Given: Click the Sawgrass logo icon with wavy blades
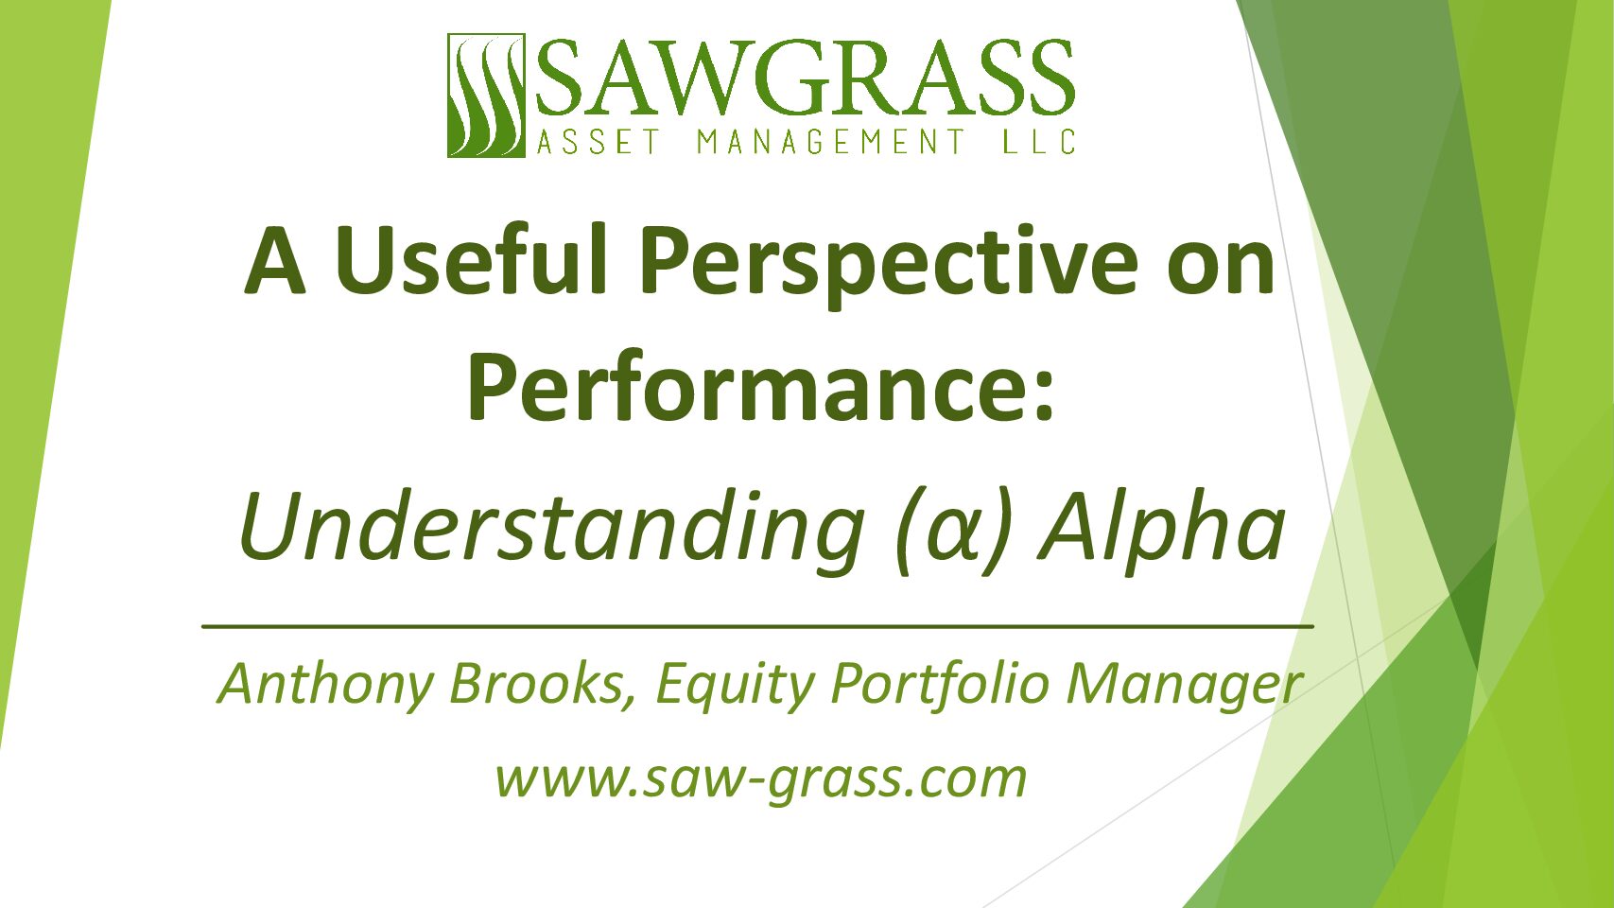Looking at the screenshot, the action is tap(486, 96).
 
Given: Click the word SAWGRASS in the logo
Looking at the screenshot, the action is tap(805, 78).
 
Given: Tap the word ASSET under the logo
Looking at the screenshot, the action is tap(598, 142).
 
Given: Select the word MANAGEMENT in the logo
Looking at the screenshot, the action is tap(831, 142).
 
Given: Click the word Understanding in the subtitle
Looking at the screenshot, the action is tap(552, 532).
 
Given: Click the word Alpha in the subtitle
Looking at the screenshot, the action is tap(1161, 532).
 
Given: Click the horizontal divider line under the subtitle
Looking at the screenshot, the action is tap(757, 627).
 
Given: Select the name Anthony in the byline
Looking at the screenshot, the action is tap(325, 685).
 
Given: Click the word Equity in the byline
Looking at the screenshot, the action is tap(735, 685).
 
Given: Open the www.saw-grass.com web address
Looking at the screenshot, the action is tap(761, 779).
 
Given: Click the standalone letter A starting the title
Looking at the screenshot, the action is tap(274, 260).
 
